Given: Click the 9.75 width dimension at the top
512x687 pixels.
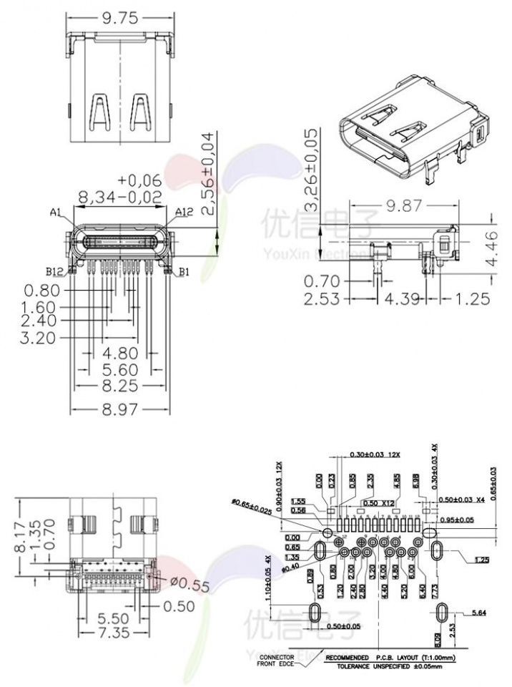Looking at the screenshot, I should (x=119, y=19).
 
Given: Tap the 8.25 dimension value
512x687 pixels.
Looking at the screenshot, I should (x=119, y=387).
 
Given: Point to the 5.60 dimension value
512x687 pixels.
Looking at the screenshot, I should (x=119, y=370).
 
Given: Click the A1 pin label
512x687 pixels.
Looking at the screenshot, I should (x=57, y=213).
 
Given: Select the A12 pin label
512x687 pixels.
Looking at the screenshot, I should (x=184, y=213).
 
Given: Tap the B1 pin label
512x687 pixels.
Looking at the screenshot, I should (x=184, y=271).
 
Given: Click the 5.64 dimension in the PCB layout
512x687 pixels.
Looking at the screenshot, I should (x=478, y=613).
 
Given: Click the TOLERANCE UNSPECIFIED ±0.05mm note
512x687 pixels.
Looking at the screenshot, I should (x=389, y=666).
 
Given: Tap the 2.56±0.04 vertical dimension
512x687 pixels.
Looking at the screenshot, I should (x=208, y=173).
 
